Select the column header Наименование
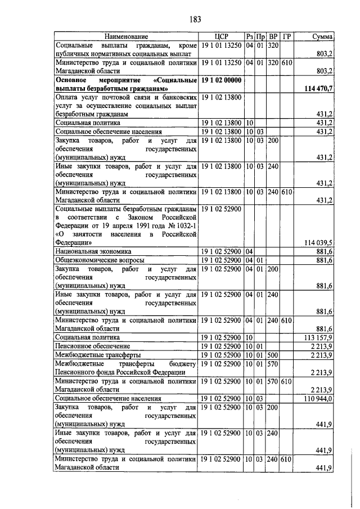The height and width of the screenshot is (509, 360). [x=125, y=36]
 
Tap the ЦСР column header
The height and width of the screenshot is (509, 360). [x=222, y=36]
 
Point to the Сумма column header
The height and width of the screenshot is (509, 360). [x=322, y=36]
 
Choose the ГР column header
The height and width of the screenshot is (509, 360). [x=287, y=36]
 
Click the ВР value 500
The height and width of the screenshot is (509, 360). [x=273, y=355]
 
